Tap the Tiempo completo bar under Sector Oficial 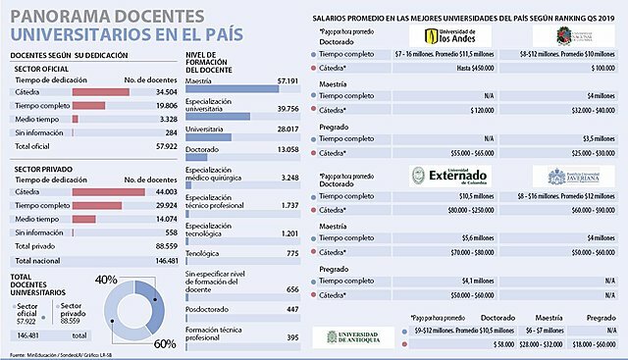tap(94, 104)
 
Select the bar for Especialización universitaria tap(217, 117)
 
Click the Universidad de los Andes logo tap(437, 37)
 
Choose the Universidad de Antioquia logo tap(349, 336)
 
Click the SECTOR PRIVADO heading tap(41, 169)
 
